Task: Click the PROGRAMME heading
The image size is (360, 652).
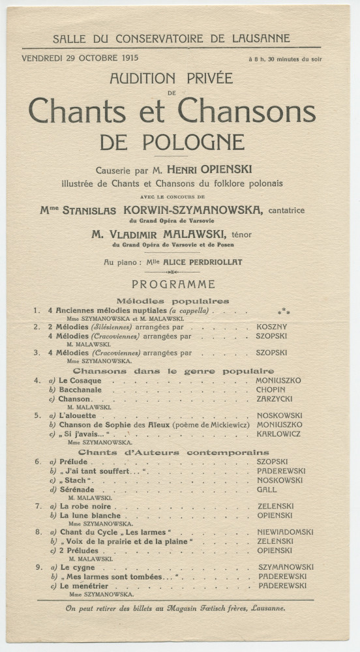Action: [173, 284]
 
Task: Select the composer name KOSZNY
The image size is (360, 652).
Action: [271, 327]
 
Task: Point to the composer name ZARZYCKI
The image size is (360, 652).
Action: [274, 398]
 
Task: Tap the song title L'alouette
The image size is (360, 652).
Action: [78, 415]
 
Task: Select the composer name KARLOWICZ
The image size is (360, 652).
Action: [278, 433]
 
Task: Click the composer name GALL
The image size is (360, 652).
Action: [266, 489]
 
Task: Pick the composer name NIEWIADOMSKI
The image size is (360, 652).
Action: [285, 532]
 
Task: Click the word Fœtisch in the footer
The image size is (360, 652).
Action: [201, 609]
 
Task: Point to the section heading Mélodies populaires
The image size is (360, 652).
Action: [173, 301]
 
